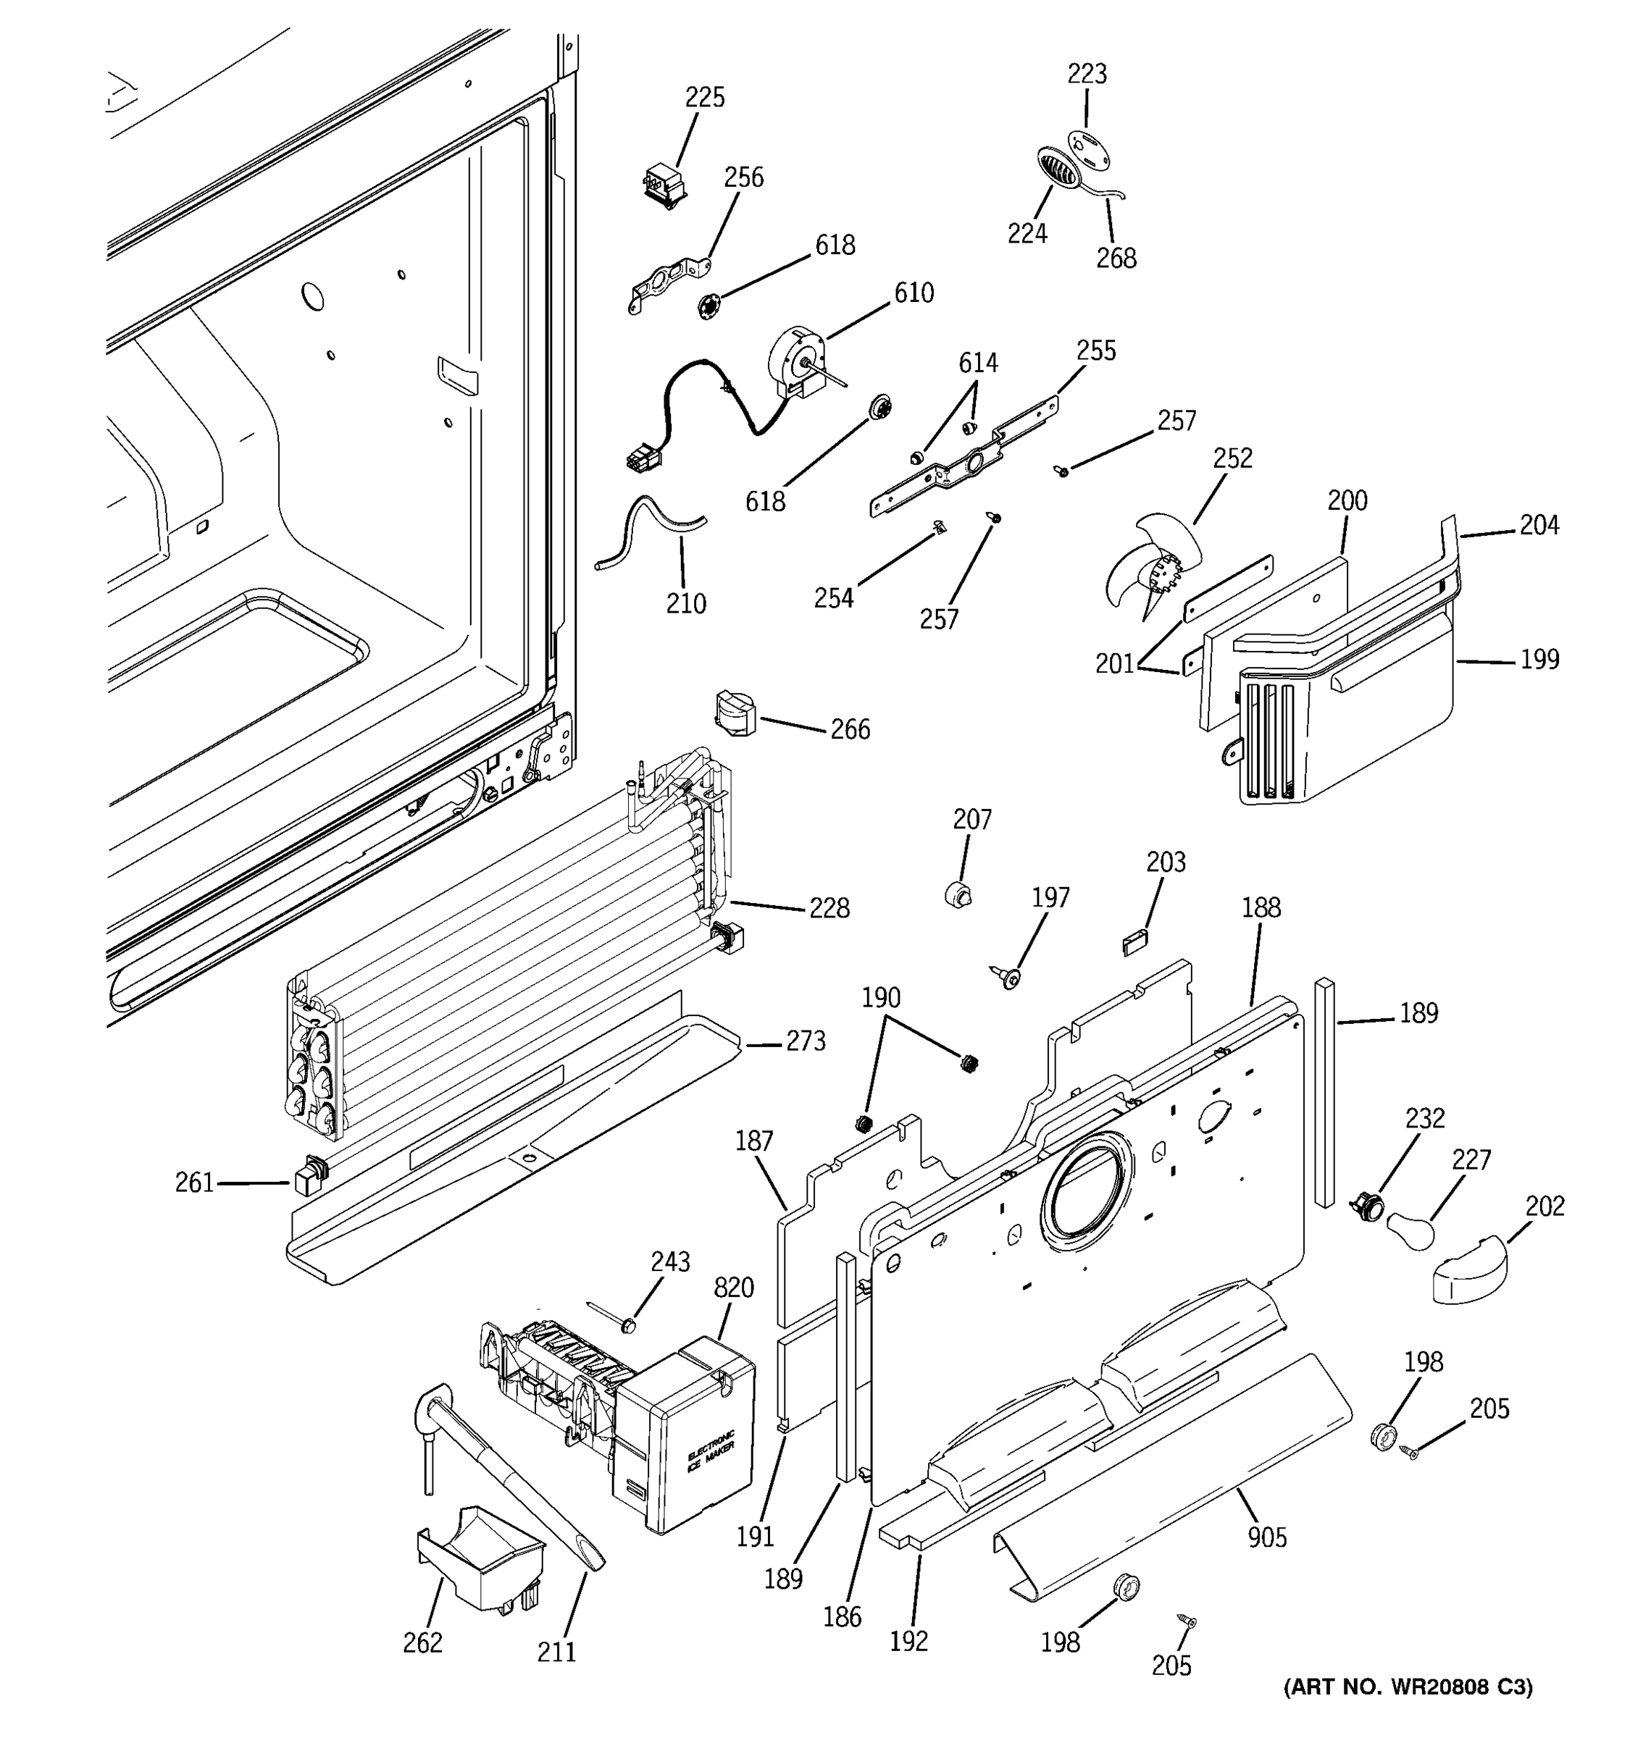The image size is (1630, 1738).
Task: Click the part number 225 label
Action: (704, 97)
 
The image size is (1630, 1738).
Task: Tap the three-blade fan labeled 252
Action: (1145, 566)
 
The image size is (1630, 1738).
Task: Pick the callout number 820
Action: (733, 1287)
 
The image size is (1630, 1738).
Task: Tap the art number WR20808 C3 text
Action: (1407, 1711)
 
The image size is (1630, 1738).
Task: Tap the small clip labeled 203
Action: (1134, 942)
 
